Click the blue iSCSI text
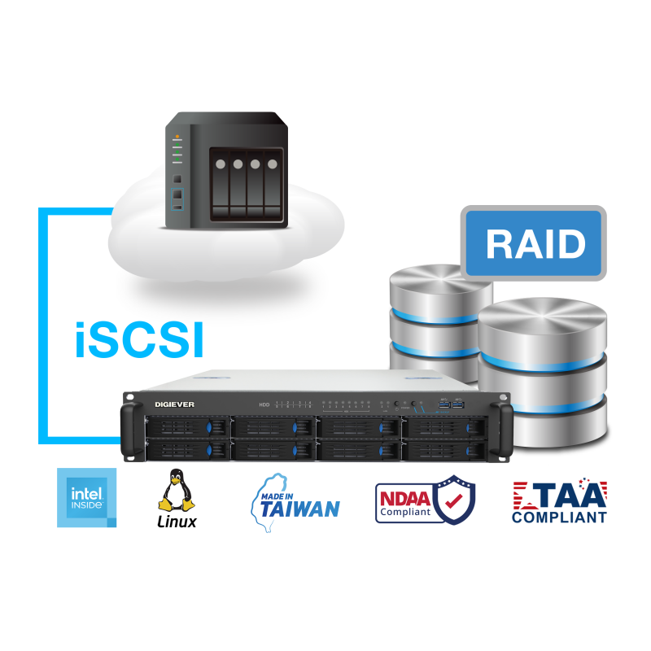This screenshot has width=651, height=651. pos(138,342)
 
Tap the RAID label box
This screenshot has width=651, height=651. pos(535,243)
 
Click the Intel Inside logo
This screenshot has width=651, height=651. pos(87,497)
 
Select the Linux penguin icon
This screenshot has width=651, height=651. pos(176,491)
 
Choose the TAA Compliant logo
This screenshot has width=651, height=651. pos(559,501)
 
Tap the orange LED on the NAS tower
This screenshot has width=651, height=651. pos(177,137)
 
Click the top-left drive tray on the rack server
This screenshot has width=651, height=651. pos(186,427)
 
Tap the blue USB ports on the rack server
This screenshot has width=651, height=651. pos(450,404)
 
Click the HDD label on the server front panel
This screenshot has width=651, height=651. pos(264,404)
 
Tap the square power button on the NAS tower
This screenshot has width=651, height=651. pos(177,177)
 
